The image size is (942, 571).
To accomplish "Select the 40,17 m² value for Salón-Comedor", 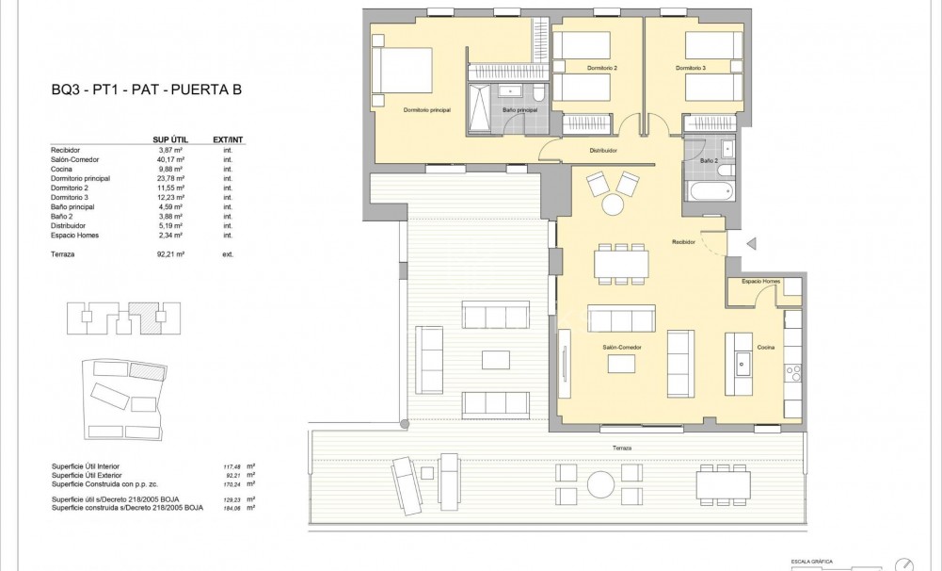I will point(169,159).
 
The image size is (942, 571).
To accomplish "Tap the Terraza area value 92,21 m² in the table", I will point(169,254).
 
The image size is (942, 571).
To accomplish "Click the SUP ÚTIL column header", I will point(168,139).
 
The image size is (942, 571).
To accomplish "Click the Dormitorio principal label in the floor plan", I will point(427,110).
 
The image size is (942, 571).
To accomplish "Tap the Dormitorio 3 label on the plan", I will point(690,69).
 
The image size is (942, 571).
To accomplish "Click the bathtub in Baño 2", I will point(708,189).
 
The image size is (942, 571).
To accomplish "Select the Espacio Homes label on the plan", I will point(760,282).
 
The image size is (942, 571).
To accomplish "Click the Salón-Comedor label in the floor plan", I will point(622,348).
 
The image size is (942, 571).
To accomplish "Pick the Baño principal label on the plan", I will point(519,110).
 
